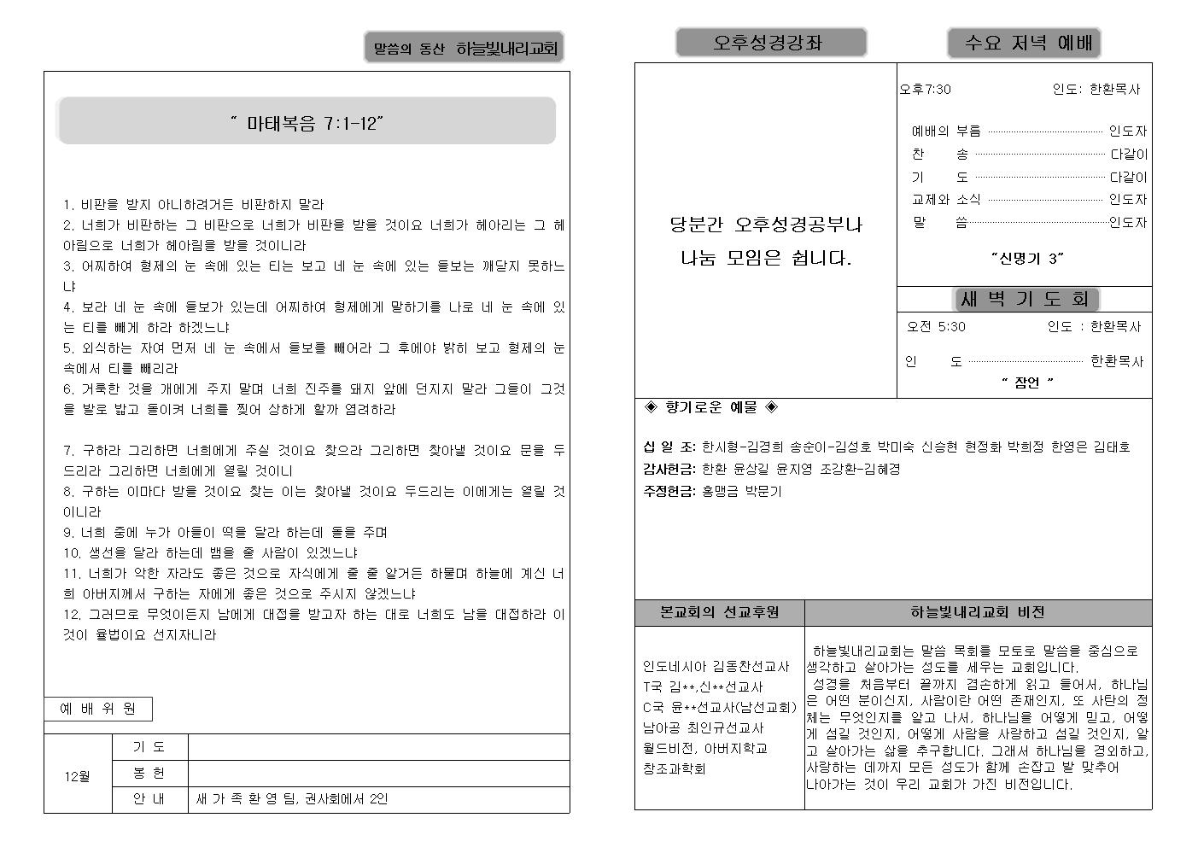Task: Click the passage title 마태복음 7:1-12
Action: click(x=307, y=124)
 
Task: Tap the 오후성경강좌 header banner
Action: click(x=770, y=43)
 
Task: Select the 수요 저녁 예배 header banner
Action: click(x=1023, y=43)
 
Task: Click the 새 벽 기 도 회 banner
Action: click(x=1025, y=299)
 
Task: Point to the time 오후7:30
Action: click(x=926, y=90)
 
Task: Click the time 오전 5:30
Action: click(x=936, y=326)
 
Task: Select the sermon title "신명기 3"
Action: click(x=1027, y=258)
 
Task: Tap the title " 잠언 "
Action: click(x=1027, y=383)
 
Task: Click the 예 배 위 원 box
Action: click(x=97, y=709)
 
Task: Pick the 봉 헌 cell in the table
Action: click(x=149, y=773)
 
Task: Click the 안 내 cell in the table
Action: click(x=149, y=799)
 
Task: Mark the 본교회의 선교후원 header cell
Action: click(x=719, y=612)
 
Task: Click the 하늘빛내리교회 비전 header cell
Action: click(x=977, y=612)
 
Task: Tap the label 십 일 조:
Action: click(x=669, y=447)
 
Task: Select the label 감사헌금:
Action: click(x=669, y=469)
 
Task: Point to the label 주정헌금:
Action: click(x=669, y=491)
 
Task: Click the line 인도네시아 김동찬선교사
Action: click(x=716, y=666)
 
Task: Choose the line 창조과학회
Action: click(x=674, y=768)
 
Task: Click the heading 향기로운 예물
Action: click(x=710, y=407)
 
